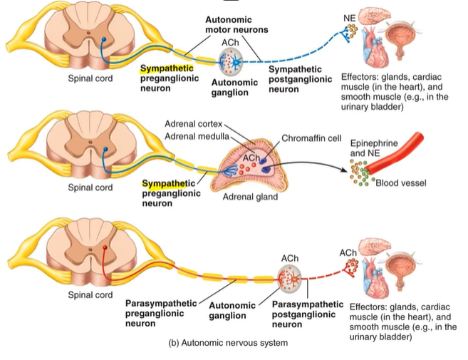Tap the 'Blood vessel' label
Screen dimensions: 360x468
point(401,183)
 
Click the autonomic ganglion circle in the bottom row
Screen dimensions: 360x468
point(289,279)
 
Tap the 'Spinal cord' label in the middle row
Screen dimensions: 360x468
point(90,187)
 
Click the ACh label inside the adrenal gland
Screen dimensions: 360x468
point(251,156)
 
